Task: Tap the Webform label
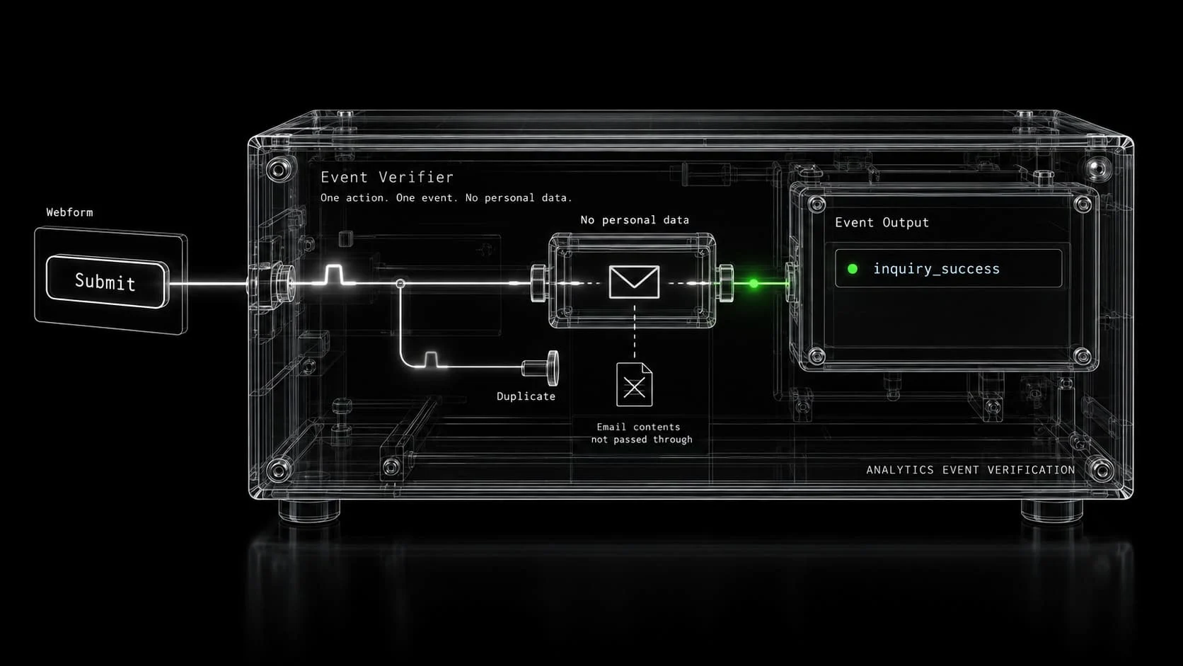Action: pos(70,212)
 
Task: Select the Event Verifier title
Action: pos(387,177)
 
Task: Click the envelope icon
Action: pos(634,282)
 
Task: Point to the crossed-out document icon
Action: pos(634,384)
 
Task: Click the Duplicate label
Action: pos(526,396)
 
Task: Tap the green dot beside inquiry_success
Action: pos(853,269)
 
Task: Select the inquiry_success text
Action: pos(936,269)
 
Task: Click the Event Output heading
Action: pos(882,222)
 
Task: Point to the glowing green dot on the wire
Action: pos(754,284)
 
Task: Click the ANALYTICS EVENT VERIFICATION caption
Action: pos(971,469)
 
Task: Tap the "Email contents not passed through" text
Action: pos(641,433)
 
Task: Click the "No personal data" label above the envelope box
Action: pos(635,219)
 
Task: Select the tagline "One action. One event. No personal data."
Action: pos(446,197)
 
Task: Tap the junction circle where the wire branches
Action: pos(400,284)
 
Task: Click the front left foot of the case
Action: pos(309,511)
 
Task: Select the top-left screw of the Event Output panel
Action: pos(817,204)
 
